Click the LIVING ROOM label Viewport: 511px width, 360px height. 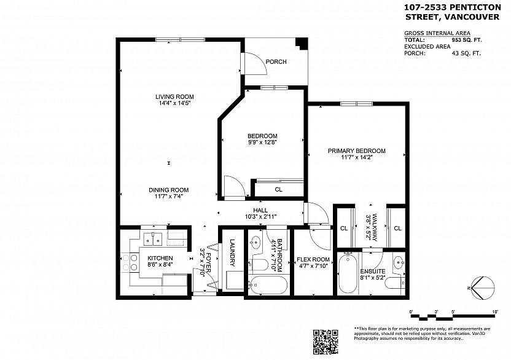174,96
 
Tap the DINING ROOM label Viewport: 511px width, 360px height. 168,190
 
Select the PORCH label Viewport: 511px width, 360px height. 276,61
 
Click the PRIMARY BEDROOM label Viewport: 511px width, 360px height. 356,151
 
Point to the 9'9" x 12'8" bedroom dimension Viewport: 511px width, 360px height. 262,143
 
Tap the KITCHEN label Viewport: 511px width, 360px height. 160,258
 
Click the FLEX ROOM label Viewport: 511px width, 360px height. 313,259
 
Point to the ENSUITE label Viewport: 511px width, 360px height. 373,270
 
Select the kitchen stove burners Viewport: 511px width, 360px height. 130,262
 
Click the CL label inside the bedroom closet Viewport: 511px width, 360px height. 278,190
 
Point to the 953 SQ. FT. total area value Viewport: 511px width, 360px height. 465,39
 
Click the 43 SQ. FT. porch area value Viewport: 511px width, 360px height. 466,53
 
